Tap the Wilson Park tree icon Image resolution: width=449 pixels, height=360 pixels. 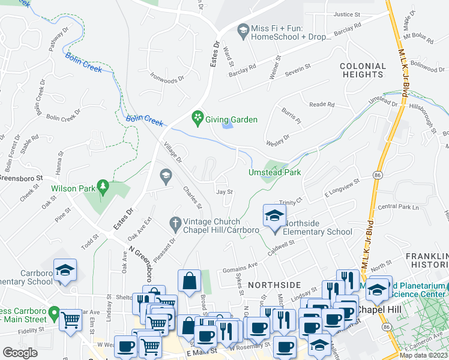[x=103, y=188]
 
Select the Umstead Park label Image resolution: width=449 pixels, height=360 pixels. [x=274, y=172]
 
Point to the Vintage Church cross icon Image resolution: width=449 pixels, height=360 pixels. [x=175, y=223]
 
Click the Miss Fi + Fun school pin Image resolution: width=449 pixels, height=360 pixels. [x=243, y=31]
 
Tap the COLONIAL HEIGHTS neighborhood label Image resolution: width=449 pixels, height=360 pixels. [x=363, y=70]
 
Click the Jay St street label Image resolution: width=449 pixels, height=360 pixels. [x=224, y=192]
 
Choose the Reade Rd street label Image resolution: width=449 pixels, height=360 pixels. [x=322, y=104]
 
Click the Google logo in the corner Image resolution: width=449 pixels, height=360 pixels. [x=20, y=352]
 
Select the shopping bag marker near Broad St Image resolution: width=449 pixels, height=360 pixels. [x=189, y=281]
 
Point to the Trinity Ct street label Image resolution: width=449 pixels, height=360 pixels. [x=290, y=203]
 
